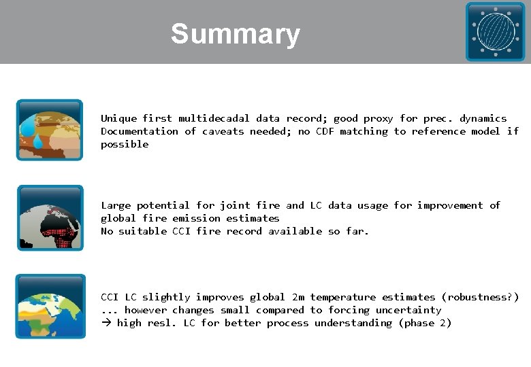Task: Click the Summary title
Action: pos(235,34)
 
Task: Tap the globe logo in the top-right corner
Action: pos(495,31)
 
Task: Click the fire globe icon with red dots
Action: pos(50,217)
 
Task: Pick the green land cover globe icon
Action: pos(50,306)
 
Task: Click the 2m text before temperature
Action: pos(297,297)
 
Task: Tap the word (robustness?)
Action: pos(480,297)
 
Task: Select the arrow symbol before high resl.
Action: pos(106,323)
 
